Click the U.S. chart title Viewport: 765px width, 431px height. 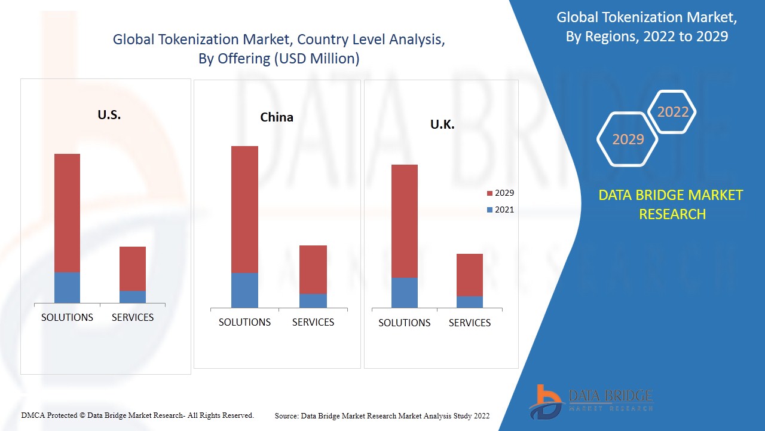(109, 115)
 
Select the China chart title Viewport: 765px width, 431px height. (277, 117)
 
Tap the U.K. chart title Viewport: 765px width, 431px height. (442, 125)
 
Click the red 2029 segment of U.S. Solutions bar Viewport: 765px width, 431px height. (67, 213)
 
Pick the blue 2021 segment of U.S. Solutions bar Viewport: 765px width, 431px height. (67, 287)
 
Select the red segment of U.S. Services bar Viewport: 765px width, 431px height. (133, 268)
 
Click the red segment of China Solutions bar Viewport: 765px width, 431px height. (244, 209)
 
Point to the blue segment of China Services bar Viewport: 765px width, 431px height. (313, 301)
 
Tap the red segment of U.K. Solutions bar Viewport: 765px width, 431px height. (405, 220)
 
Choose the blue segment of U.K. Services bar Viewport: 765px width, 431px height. (470, 302)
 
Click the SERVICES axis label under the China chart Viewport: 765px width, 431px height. (313, 322)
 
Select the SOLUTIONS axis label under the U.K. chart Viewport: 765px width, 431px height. (405, 323)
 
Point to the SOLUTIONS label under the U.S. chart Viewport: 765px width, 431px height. (67, 317)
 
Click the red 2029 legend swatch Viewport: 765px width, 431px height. (490, 193)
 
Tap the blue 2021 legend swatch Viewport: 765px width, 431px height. (490, 210)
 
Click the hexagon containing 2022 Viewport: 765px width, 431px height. (672, 112)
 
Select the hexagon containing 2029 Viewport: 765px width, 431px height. (628, 139)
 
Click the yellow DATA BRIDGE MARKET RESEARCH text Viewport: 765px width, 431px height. (671, 204)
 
